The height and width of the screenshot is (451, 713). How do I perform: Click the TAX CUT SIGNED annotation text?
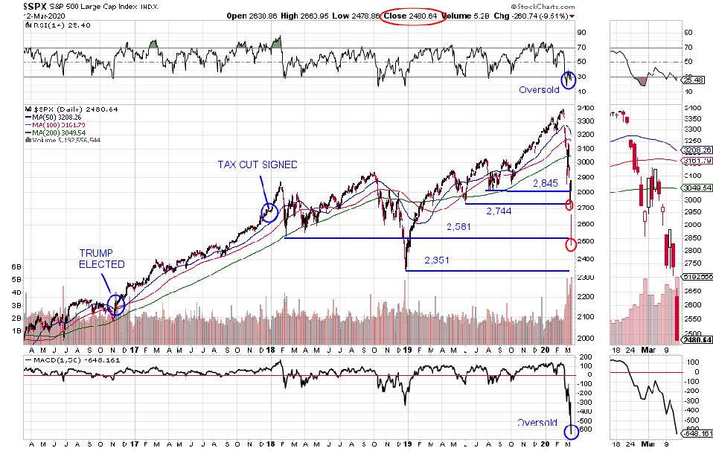pos(257,164)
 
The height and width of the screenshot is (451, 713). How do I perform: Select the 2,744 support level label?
pos(499,211)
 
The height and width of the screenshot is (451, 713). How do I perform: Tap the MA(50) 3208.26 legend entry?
pos(56,117)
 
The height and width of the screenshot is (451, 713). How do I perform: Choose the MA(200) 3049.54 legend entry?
pos(57,132)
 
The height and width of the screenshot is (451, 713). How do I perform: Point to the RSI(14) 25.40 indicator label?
pos(50,25)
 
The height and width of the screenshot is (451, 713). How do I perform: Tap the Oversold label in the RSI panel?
pos(538,89)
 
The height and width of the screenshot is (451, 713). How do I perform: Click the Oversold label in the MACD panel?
pos(537,422)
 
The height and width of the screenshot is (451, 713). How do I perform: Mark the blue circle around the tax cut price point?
pos(269,213)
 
